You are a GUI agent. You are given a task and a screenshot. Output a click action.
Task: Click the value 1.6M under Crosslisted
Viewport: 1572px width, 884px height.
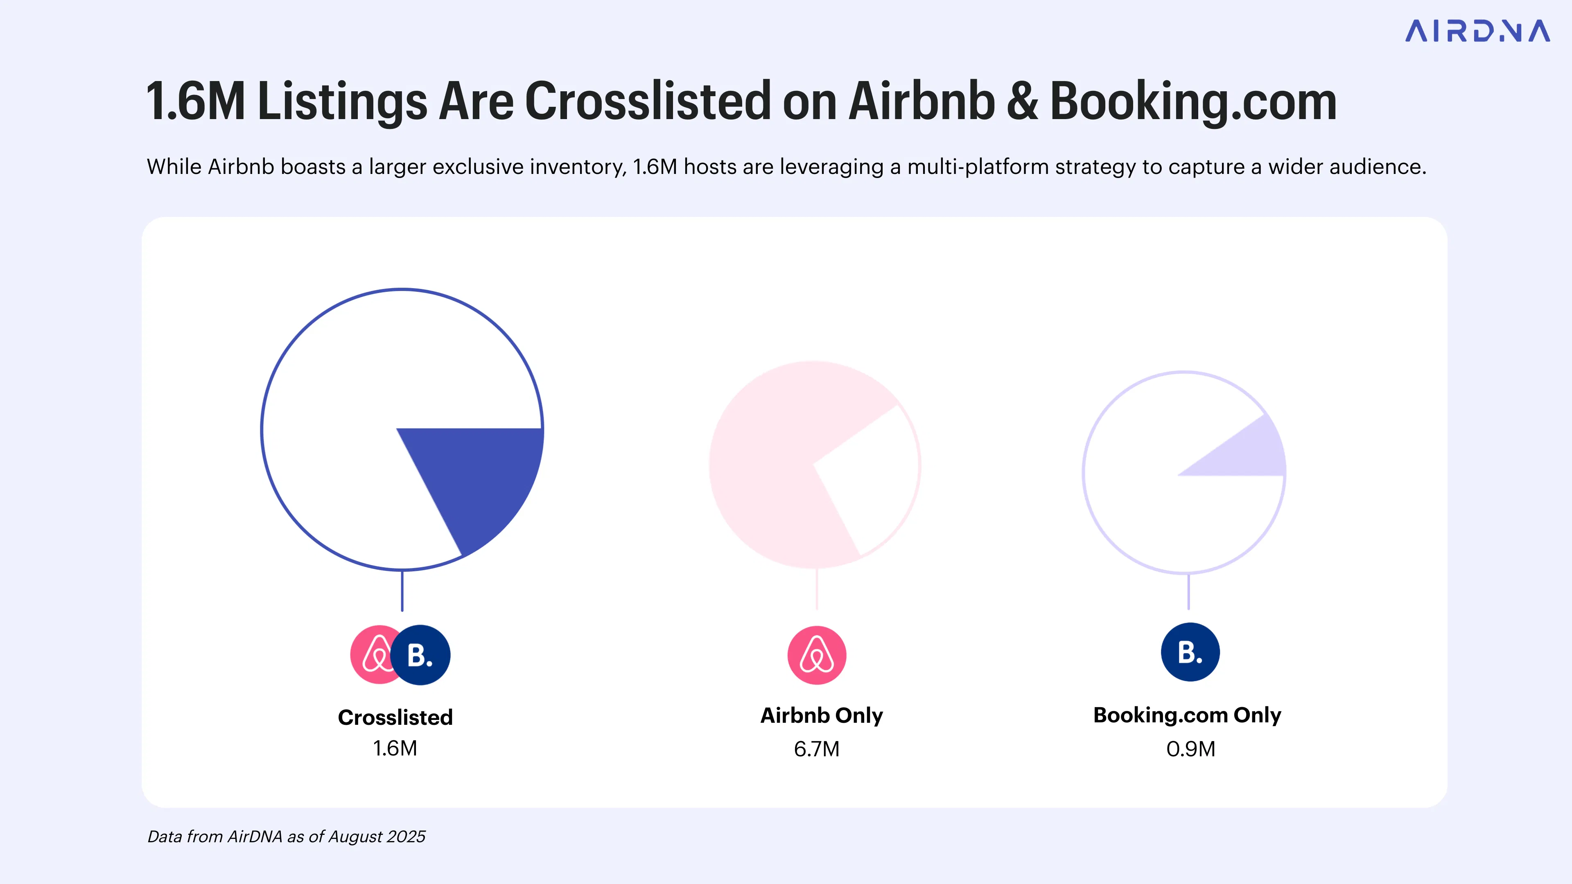pos(395,749)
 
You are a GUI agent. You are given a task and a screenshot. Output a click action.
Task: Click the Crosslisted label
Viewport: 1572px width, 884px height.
pos(395,717)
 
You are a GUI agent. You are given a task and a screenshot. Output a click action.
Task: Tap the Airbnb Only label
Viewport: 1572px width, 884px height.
pos(821,715)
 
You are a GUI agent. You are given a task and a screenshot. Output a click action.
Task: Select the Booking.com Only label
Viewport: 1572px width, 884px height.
pos(1187,715)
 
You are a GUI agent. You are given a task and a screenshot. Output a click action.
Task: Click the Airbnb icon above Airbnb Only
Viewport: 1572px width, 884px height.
pos(817,655)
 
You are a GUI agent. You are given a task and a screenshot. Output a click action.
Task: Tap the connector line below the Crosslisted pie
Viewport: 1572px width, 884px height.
pos(402,591)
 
